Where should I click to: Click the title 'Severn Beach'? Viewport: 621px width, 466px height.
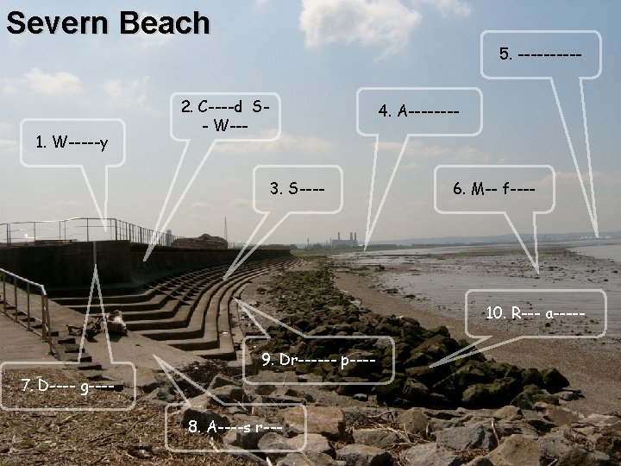pyautogui.click(x=107, y=22)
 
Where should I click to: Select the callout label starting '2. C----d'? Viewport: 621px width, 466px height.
pyautogui.click(x=227, y=115)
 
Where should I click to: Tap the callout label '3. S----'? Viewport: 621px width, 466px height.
pyautogui.click(x=298, y=186)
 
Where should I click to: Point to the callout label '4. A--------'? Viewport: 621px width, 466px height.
pyautogui.click(x=418, y=110)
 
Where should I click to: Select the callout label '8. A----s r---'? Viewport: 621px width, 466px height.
pyautogui.click(x=235, y=426)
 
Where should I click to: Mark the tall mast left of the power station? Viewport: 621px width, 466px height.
pyautogui.click(x=225, y=229)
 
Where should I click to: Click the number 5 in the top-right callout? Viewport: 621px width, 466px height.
pyautogui.click(x=504, y=54)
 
